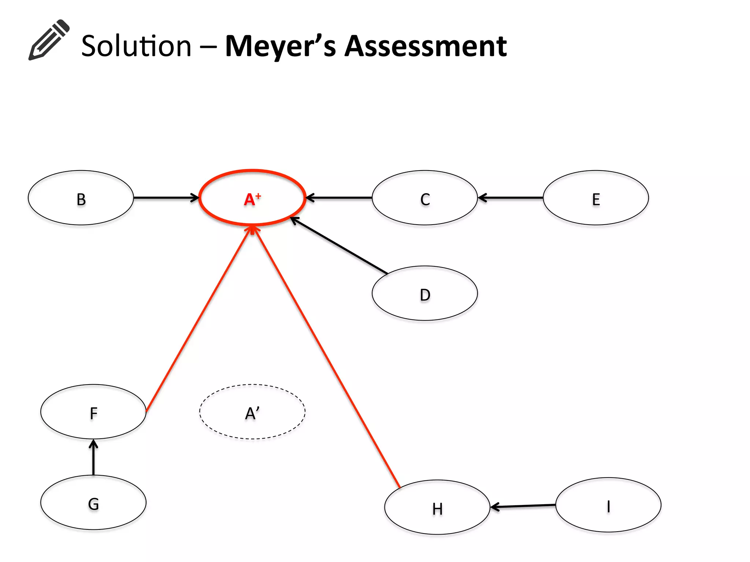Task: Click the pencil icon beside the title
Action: pyautogui.click(x=49, y=40)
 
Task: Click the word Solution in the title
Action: pyautogui.click(x=136, y=46)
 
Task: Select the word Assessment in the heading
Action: pyautogui.click(x=426, y=46)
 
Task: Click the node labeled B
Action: pyautogui.click(x=81, y=198)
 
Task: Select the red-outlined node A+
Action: pyautogui.click(x=252, y=198)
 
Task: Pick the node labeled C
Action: pyautogui.click(x=425, y=198)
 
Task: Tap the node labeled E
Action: pyautogui.click(x=596, y=198)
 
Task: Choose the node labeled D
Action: pyautogui.click(x=425, y=293)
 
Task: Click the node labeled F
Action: pyautogui.click(x=93, y=412)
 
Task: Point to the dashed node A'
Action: pyautogui.click(x=252, y=412)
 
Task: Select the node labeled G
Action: pyautogui.click(x=93, y=503)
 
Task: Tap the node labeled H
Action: pyautogui.click(x=437, y=507)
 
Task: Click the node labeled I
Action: pyautogui.click(x=608, y=505)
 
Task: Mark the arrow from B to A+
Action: pyautogui.click(x=166, y=198)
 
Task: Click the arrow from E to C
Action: pyautogui.click(x=510, y=198)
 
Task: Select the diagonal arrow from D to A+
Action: pyautogui.click(x=339, y=246)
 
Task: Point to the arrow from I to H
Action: pyautogui.click(x=523, y=506)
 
